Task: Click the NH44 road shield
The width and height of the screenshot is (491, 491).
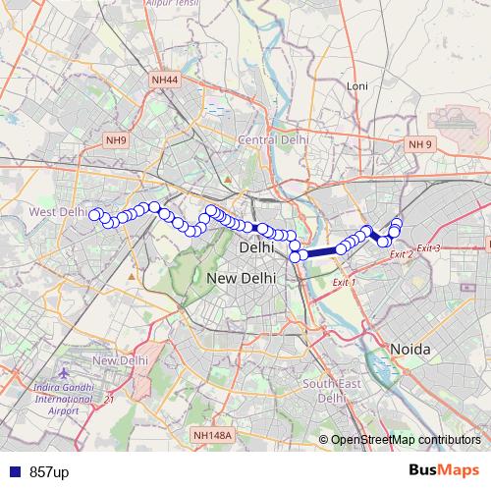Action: coord(165,78)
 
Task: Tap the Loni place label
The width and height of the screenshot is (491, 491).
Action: coord(357,86)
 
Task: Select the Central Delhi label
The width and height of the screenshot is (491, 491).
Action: coord(273,140)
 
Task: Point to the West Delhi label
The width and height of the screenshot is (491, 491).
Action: coord(58,211)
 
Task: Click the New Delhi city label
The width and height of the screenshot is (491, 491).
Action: coord(241,279)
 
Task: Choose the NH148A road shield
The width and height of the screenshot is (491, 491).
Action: coord(213,435)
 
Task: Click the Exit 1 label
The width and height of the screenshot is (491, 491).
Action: coord(344,283)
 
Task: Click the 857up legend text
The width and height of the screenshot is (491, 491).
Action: coord(49,472)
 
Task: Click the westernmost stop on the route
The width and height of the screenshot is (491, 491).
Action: coord(95,214)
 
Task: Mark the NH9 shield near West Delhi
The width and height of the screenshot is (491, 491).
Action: coord(116,140)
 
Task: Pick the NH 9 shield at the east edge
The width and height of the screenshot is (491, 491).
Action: coord(420,144)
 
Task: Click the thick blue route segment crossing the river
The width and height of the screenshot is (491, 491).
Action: coord(321,252)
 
